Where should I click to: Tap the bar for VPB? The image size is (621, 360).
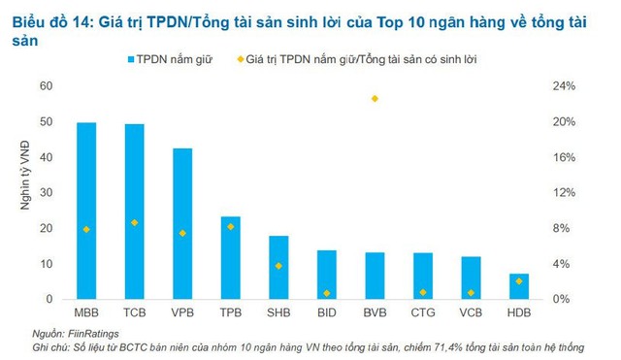click(x=182, y=222)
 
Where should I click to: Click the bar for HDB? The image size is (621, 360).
click(x=519, y=285)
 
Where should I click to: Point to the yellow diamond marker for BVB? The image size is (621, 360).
click(x=375, y=99)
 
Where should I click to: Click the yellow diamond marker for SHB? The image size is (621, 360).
click(x=278, y=265)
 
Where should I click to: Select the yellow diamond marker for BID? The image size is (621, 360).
click(x=326, y=292)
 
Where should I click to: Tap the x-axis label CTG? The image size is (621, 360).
click(x=423, y=312)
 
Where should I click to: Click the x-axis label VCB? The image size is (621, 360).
click(x=471, y=312)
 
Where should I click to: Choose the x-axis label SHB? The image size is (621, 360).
click(x=278, y=312)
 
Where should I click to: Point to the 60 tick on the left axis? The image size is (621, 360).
click(x=46, y=86)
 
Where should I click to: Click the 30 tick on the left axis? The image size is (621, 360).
click(x=46, y=193)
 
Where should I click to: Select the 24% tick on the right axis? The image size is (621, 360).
click(x=564, y=86)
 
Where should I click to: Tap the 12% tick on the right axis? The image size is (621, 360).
click(x=564, y=193)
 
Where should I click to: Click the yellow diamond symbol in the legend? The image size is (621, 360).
click(x=241, y=59)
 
